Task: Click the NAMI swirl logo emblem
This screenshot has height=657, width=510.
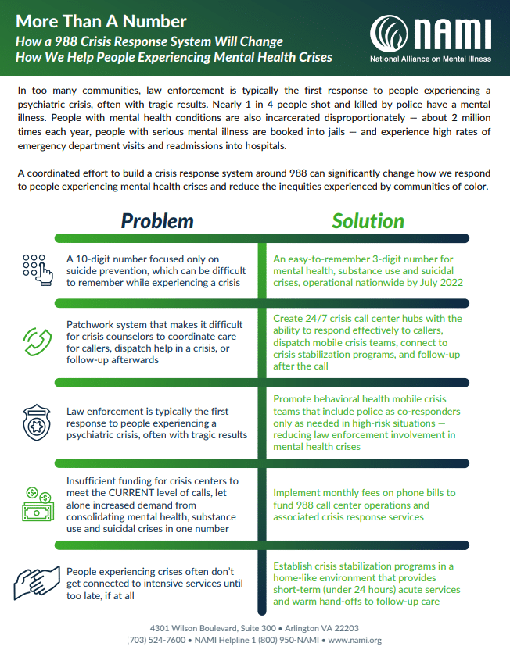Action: pyautogui.click(x=390, y=34)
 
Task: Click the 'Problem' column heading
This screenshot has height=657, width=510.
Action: pyautogui.click(x=157, y=221)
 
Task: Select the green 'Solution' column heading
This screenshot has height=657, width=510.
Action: pyautogui.click(x=368, y=221)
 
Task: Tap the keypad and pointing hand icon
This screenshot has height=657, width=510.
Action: pyautogui.click(x=35, y=270)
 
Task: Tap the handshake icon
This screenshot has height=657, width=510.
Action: pyautogui.click(x=35, y=583)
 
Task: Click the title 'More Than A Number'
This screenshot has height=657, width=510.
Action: pyautogui.click(x=101, y=20)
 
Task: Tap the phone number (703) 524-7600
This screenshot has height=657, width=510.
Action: pyautogui.click(x=156, y=641)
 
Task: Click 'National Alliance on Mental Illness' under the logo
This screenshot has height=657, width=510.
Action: pyautogui.click(x=430, y=59)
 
